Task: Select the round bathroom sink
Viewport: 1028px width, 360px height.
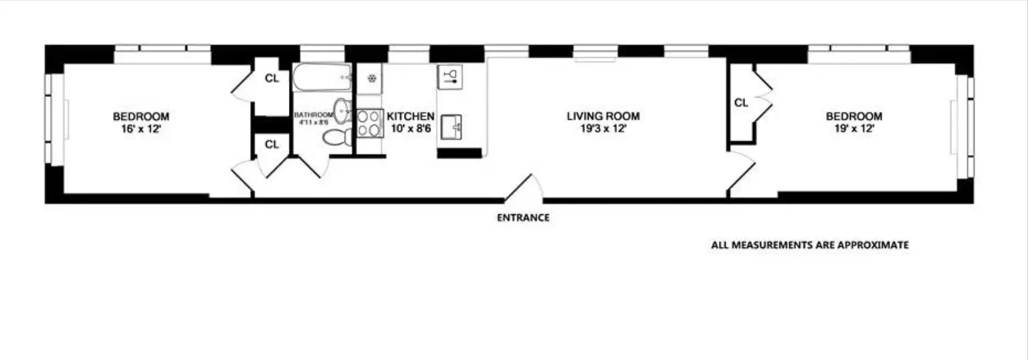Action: (x=342, y=109)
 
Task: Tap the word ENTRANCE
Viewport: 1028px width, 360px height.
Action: (x=523, y=217)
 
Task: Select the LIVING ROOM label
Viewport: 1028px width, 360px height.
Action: (x=603, y=116)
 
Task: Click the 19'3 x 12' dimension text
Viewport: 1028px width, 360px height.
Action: (x=603, y=129)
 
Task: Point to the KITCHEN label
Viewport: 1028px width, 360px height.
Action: (x=411, y=116)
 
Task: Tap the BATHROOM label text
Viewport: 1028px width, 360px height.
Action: (x=313, y=115)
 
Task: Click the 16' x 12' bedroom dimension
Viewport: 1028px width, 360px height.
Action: (x=140, y=129)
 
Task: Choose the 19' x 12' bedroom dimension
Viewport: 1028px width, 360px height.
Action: (x=853, y=129)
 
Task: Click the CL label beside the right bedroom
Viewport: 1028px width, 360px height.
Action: (x=740, y=103)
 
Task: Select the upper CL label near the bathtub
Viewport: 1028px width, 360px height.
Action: (x=271, y=78)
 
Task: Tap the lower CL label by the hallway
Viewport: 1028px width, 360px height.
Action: (x=271, y=144)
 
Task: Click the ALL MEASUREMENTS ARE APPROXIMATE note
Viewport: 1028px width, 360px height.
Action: (x=809, y=246)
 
